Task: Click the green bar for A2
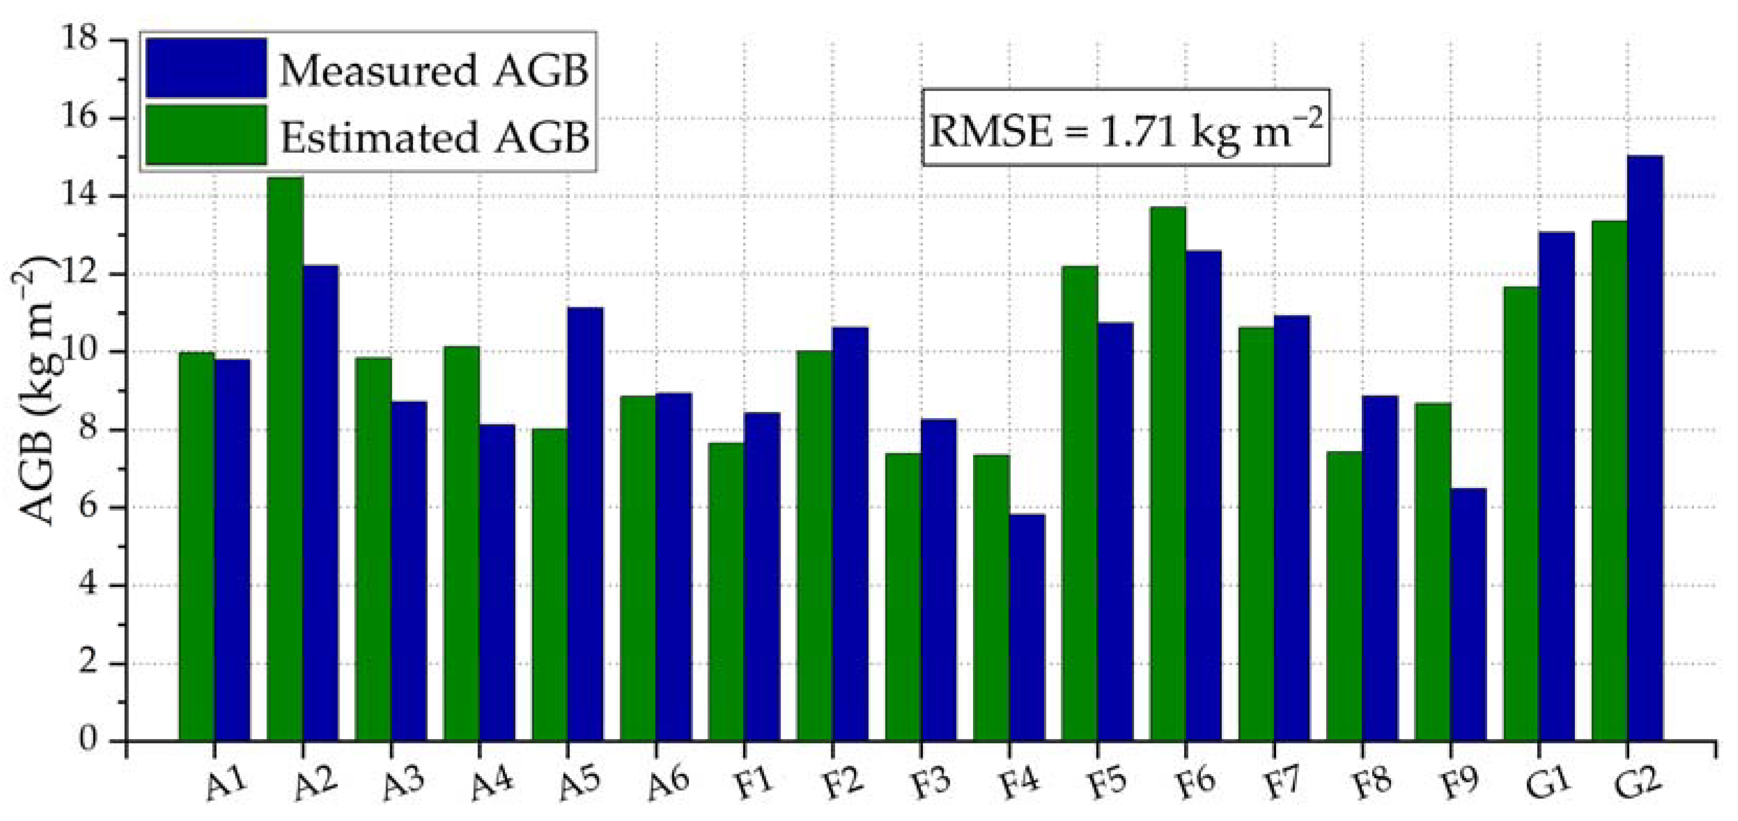click(285, 459)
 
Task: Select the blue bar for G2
click(1645, 448)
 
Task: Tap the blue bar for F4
click(1027, 628)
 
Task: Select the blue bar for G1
click(1557, 485)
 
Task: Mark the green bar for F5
click(1080, 503)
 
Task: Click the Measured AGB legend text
click(434, 70)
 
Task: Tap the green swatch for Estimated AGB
click(206, 134)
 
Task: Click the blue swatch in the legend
click(206, 67)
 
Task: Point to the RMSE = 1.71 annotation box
click(1126, 127)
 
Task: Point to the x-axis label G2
click(1638, 784)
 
